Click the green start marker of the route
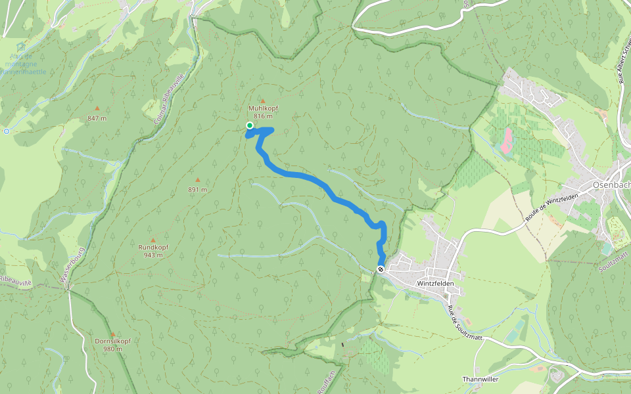(250, 125)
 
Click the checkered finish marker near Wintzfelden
(381, 269)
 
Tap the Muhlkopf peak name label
(263, 108)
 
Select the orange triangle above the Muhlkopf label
(263, 100)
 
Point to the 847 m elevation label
(97, 118)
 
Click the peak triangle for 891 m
(197, 180)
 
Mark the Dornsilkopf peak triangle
(112, 334)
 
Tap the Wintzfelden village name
(435, 283)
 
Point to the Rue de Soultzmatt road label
(452, 318)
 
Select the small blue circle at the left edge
(7, 131)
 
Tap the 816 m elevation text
(263, 116)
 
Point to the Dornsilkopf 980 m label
(112, 345)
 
